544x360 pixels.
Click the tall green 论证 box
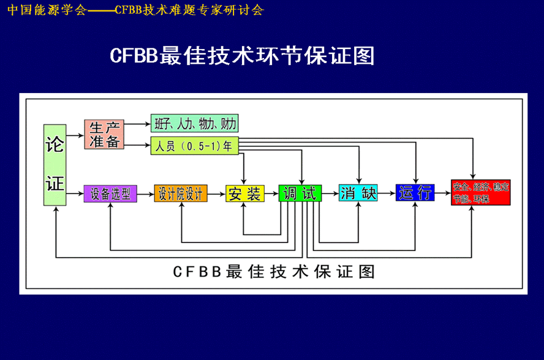click(x=55, y=165)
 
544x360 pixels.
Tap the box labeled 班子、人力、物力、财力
click(x=194, y=123)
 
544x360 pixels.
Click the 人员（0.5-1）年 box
click(x=194, y=147)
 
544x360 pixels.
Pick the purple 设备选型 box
click(x=110, y=193)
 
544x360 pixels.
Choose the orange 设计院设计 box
click(x=181, y=193)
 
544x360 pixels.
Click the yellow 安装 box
click(x=244, y=193)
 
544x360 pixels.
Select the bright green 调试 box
click(x=300, y=193)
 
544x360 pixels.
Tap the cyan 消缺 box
click(x=358, y=193)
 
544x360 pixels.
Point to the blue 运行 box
click(x=415, y=193)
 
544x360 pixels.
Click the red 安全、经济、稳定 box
click(x=480, y=192)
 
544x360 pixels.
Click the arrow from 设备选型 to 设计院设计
click(x=145, y=193)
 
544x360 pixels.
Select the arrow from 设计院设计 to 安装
click(x=217, y=193)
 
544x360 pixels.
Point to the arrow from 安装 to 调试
click(x=271, y=193)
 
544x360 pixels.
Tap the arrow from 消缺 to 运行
click(x=387, y=193)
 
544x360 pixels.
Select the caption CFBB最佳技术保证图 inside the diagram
click(x=273, y=271)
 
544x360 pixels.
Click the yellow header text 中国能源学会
click(x=47, y=10)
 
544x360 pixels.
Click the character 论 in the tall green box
click(x=55, y=145)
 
